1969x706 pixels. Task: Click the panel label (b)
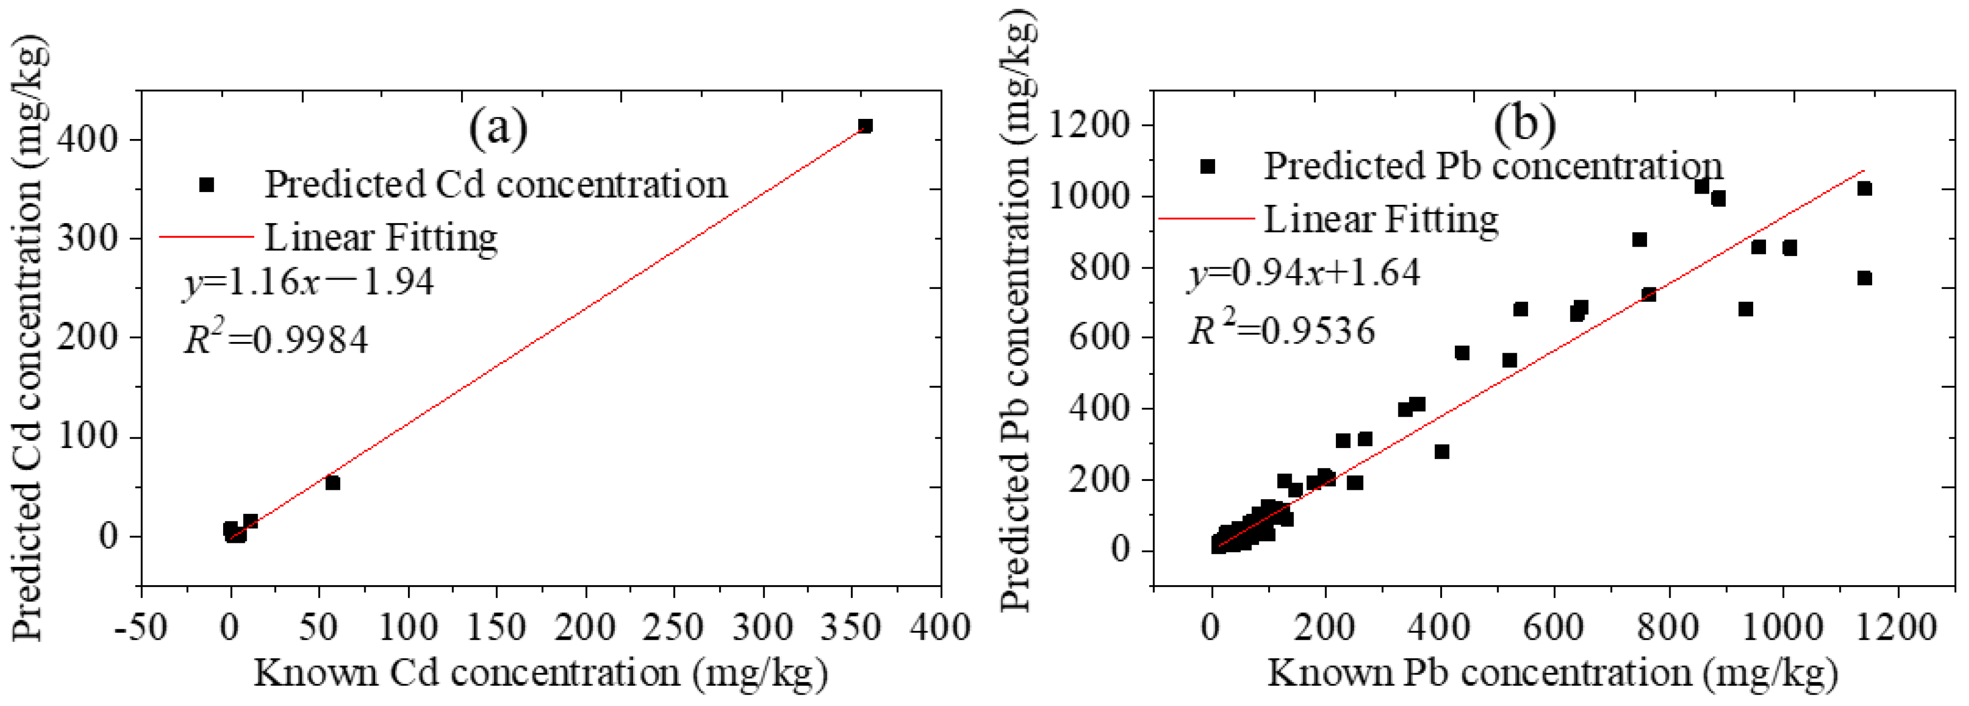tap(1525, 124)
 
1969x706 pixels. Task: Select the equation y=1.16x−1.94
tap(308, 282)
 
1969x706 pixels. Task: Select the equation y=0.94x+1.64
tap(1303, 272)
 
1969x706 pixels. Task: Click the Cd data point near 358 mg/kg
tap(865, 125)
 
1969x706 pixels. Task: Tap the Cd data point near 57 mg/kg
tap(332, 483)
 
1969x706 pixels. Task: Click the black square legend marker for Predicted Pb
tap(1208, 167)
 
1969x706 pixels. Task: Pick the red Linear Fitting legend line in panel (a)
tap(206, 237)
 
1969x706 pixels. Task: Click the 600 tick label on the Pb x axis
tap(1555, 628)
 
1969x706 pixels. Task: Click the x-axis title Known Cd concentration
tap(540, 673)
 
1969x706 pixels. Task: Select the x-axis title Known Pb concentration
tap(1552, 673)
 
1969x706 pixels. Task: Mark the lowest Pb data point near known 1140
tap(1864, 278)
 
